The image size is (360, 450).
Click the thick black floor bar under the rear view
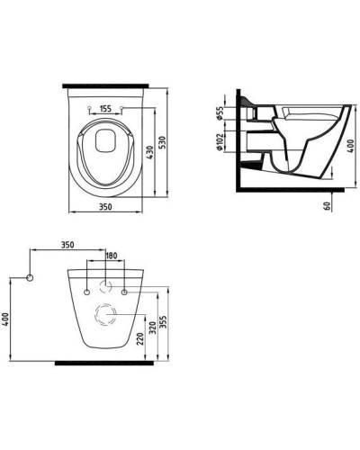point(106,362)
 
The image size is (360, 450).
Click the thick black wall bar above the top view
point(106,85)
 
